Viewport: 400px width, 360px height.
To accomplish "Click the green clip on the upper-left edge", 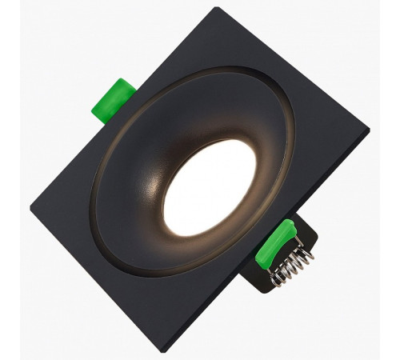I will [114, 100].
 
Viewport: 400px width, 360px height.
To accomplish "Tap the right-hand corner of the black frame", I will [369, 129].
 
